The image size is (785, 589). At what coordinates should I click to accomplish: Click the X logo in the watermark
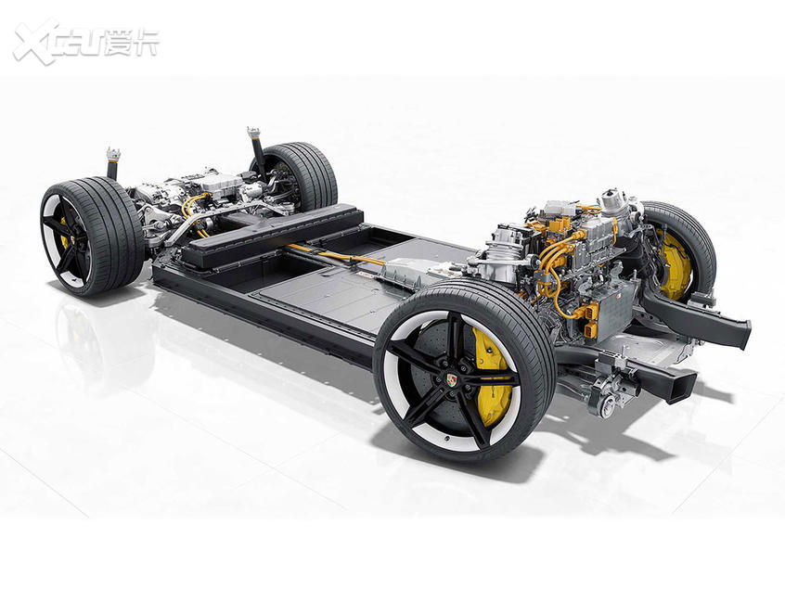[35, 43]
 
